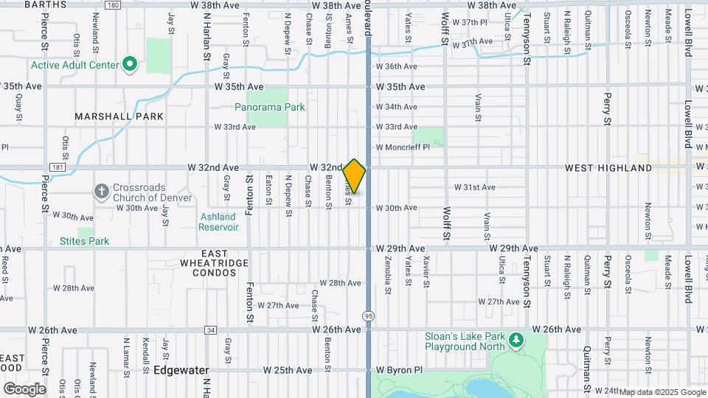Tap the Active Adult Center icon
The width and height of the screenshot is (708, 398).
coord(131,65)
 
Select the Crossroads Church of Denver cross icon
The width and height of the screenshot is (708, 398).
coord(102,192)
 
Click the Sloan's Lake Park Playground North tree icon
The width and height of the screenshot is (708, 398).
coord(516,341)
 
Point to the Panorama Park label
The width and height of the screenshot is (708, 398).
coord(269,107)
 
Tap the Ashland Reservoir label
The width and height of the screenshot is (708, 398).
coord(218,222)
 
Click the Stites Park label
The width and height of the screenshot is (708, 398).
coord(84,241)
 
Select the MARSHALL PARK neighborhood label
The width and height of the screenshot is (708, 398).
coord(119,116)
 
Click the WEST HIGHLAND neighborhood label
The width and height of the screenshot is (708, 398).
coord(608,168)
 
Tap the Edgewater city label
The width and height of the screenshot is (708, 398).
coord(182,369)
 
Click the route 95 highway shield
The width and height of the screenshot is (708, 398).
coord(367,315)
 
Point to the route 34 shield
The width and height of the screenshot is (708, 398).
coord(211,329)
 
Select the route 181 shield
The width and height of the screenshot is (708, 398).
coord(58,168)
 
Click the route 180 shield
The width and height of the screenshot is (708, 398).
coord(111,5)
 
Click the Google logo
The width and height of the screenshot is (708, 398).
coord(24,388)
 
